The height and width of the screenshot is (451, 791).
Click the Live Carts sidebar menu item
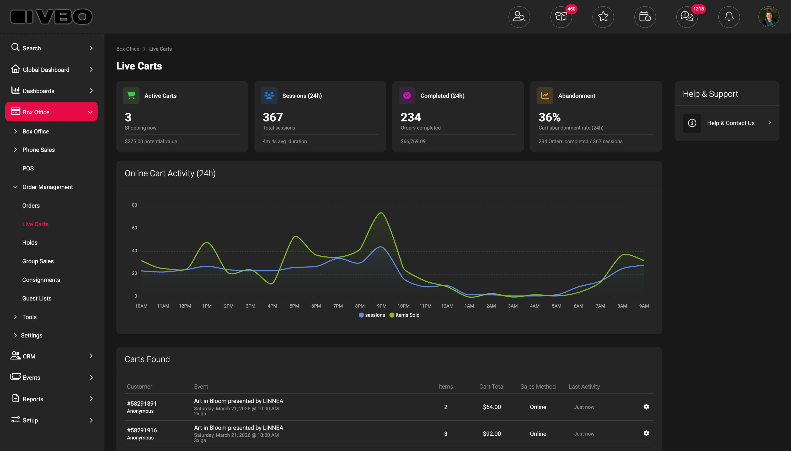click(x=35, y=224)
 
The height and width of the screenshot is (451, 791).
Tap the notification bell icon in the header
click(x=729, y=17)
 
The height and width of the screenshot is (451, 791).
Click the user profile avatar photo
click(x=769, y=17)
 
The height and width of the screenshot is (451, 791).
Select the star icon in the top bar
click(x=603, y=17)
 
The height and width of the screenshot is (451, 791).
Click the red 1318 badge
click(x=698, y=9)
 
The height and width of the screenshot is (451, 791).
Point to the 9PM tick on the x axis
click(x=381, y=306)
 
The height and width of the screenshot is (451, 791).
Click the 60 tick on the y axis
click(x=135, y=228)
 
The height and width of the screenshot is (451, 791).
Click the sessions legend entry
click(x=372, y=315)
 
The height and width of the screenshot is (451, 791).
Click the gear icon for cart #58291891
click(x=646, y=407)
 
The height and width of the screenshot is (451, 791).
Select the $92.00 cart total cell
click(x=492, y=434)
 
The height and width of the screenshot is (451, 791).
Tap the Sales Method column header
click(x=538, y=386)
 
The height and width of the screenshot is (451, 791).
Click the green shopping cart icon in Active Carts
click(x=131, y=95)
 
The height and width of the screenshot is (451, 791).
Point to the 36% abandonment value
click(x=549, y=117)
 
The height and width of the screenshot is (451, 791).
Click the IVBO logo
click(x=51, y=17)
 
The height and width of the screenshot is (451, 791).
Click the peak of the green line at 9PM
click(x=381, y=213)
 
